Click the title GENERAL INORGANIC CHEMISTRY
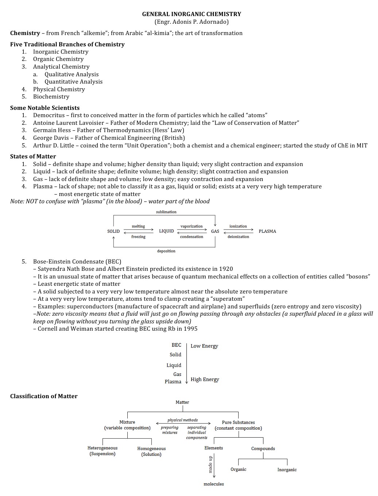[191, 14]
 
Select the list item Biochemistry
[51, 97]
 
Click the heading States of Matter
[33, 157]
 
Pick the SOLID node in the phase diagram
[113, 231]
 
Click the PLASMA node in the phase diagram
[267, 231]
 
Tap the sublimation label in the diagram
[166, 212]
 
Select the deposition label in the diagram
[166, 251]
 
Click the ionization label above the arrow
[238, 226]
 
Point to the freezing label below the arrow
[138, 237]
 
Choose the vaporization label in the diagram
[191, 226]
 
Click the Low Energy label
[204, 346]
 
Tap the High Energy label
[205, 380]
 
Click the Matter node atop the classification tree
[182, 403]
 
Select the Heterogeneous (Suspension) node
[103, 451]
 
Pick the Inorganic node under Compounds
[287, 470]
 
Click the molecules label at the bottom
[213, 484]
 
